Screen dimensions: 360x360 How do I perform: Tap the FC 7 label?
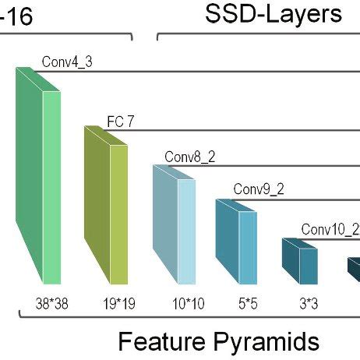[x=121, y=121]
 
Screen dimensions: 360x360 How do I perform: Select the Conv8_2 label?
[x=189, y=157]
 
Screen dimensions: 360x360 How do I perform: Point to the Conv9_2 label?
[x=258, y=189]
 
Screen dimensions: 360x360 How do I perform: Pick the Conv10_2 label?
[x=330, y=228]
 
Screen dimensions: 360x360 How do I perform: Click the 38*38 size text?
[x=52, y=303]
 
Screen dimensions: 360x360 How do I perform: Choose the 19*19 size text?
[x=118, y=303]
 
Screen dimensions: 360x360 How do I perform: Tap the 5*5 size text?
[x=249, y=303]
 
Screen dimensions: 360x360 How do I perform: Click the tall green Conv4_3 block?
[x=39, y=179]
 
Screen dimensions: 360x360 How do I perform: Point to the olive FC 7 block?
[x=108, y=206]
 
